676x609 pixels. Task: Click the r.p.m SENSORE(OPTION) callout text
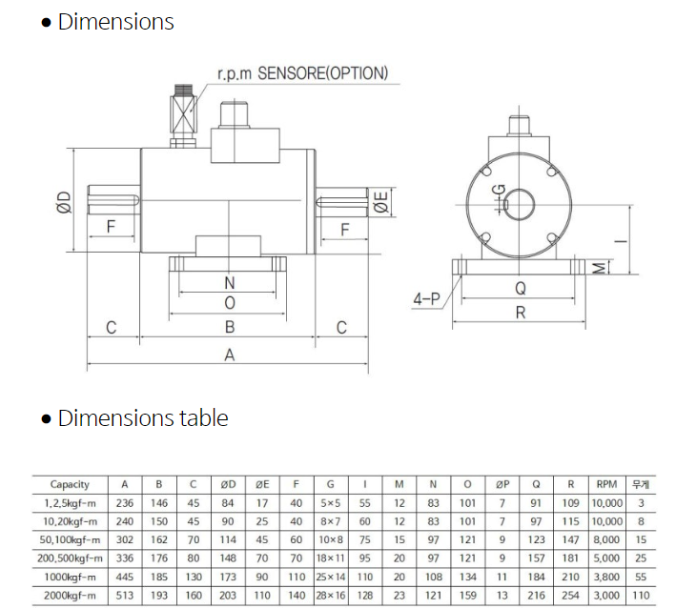pyautogui.click(x=302, y=73)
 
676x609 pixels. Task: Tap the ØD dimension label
pyautogui.click(x=64, y=202)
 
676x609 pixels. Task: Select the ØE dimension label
pyautogui.click(x=381, y=202)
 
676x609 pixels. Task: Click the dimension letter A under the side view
pyautogui.click(x=230, y=355)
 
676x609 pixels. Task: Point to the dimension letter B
pyautogui.click(x=230, y=327)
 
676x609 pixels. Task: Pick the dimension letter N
pyautogui.click(x=230, y=283)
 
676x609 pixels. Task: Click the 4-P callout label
pyautogui.click(x=426, y=298)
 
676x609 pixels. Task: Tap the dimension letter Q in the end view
pyautogui.click(x=521, y=288)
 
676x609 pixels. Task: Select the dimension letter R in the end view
pyautogui.click(x=521, y=312)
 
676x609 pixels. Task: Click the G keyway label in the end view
pyautogui.click(x=499, y=190)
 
